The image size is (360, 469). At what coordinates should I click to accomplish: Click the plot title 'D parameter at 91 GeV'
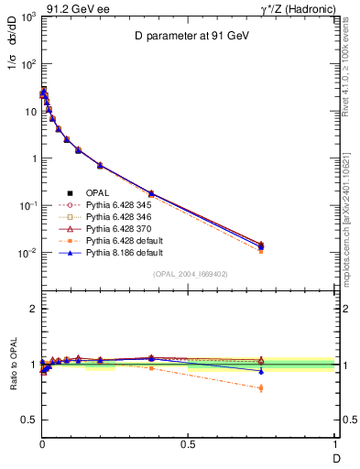(188, 38)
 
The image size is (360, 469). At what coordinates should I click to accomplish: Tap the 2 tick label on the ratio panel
(30, 310)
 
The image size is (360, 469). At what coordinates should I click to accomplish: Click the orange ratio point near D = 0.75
(262, 388)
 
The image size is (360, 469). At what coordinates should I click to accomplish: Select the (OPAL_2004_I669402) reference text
(188, 274)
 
